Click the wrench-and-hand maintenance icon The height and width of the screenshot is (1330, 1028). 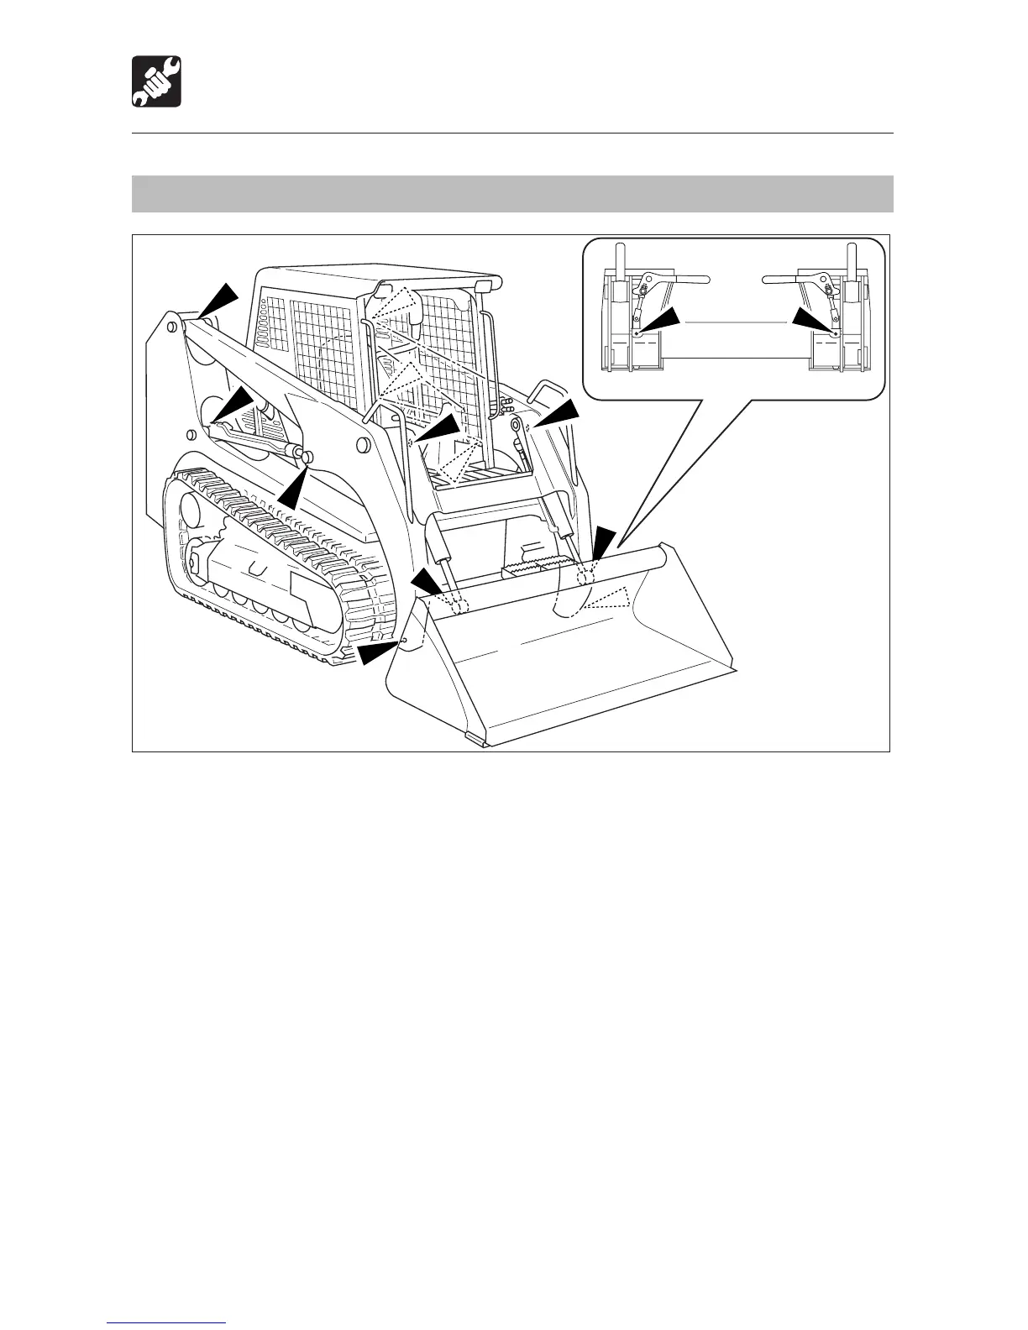click(x=156, y=81)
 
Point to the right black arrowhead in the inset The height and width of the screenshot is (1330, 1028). click(x=813, y=321)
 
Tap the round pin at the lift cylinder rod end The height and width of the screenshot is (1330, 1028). click(x=306, y=457)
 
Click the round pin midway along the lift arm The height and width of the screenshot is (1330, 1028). click(x=363, y=443)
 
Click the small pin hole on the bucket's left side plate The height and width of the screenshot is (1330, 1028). click(x=406, y=641)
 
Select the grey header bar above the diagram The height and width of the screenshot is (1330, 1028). click(x=512, y=193)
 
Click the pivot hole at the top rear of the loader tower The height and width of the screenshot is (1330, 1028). click(x=171, y=322)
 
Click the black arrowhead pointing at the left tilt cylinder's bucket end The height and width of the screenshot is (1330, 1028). click(x=426, y=580)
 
